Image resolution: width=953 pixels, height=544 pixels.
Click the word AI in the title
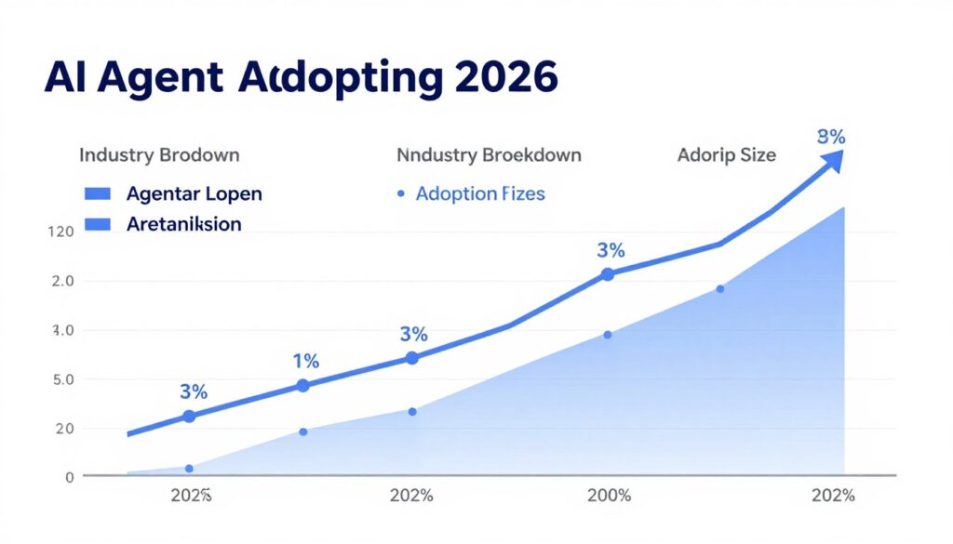click(68, 78)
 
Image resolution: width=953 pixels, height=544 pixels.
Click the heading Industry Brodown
click(159, 154)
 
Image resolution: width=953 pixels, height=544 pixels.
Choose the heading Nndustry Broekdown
click(489, 154)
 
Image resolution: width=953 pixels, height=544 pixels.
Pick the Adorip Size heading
click(726, 154)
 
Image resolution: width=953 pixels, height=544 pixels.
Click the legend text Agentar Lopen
click(194, 194)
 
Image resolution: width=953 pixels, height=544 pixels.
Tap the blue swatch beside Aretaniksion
click(97, 224)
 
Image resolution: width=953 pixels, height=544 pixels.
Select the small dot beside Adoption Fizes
click(400, 194)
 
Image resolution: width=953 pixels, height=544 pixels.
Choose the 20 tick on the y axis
click(64, 429)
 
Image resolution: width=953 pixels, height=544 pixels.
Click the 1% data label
click(305, 361)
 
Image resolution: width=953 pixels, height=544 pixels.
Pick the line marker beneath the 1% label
click(302, 386)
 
